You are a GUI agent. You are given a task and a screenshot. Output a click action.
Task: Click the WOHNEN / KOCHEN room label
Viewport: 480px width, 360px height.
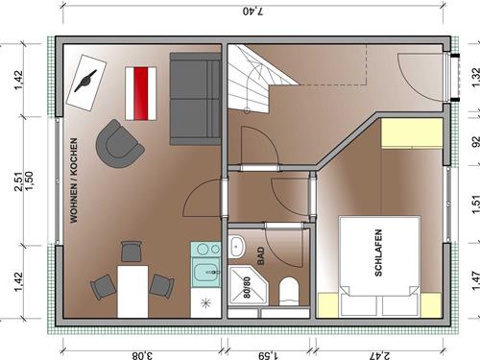[x=74, y=180]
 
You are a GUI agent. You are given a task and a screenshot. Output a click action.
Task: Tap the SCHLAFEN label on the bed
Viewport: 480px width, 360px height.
[x=378, y=252]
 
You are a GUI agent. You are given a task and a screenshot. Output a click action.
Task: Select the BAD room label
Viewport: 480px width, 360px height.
[x=261, y=255]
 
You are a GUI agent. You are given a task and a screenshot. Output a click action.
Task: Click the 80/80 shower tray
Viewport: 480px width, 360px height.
[x=247, y=288]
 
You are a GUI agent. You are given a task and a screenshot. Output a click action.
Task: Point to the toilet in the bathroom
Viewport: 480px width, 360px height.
[x=289, y=292]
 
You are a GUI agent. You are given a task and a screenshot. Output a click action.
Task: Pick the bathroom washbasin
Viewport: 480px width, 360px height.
[x=237, y=246]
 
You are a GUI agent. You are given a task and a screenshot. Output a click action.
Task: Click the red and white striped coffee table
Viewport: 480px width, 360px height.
[x=141, y=93]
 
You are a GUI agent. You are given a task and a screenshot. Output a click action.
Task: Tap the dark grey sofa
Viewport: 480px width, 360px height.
[x=195, y=99]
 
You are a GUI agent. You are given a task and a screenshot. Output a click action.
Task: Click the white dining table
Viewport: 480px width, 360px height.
[x=132, y=292]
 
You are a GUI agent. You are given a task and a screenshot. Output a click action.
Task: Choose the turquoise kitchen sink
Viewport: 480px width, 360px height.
[x=206, y=273]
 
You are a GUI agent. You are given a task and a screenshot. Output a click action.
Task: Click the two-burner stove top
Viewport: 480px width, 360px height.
[x=205, y=249]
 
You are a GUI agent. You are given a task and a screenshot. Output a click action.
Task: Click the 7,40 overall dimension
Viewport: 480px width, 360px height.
[x=252, y=12]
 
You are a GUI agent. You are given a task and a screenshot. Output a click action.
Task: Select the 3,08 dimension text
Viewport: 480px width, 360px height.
[x=142, y=355]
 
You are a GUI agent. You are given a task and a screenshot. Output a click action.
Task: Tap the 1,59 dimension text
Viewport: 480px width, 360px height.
[x=269, y=355]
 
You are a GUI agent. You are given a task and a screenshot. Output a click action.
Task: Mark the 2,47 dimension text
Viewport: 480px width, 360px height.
[x=379, y=355]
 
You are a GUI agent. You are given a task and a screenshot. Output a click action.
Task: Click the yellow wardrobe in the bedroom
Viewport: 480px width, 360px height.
[x=412, y=133]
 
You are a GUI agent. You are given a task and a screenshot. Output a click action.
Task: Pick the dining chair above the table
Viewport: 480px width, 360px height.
[x=132, y=252]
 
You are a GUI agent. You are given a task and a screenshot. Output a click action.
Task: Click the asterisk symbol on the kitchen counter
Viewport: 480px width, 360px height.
[x=205, y=302]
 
